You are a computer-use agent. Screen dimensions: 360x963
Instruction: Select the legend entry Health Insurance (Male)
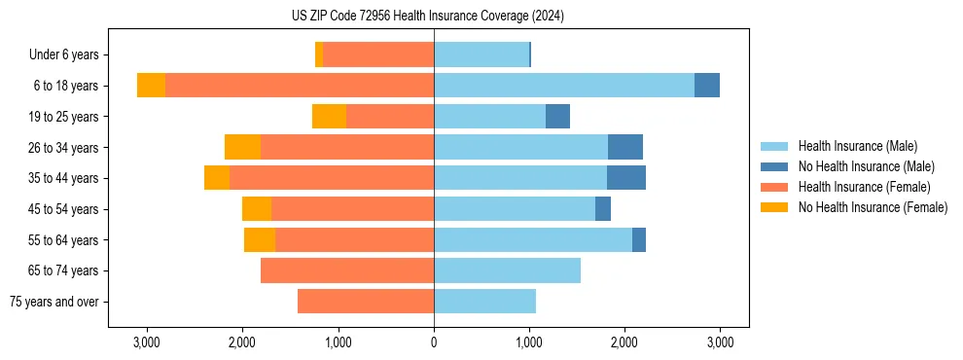(857, 146)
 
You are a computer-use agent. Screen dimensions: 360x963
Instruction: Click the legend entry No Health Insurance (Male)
(866, 166)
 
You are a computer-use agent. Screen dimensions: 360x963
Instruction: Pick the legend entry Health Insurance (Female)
(864, 187)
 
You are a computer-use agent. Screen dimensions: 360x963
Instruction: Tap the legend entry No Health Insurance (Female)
(873, 207)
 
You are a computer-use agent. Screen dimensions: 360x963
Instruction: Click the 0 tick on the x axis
(434, 343)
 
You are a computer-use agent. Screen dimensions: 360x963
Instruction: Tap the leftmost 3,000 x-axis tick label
(147, 343)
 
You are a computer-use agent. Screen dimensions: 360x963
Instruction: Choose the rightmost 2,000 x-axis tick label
(624, 343)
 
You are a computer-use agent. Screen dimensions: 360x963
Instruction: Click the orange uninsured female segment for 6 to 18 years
(151, 86)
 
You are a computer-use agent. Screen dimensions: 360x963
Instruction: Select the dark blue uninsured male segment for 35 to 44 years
(626, 178)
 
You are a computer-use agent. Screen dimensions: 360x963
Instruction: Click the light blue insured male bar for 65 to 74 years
(507, 270)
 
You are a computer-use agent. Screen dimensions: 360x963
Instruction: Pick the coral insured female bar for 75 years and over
(366, 302)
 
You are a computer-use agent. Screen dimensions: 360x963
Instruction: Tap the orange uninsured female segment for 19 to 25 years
(329, 117)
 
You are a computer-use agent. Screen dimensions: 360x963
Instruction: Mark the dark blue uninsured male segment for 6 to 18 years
(707, 86)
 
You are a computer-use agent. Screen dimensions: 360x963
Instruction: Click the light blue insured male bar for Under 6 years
(481, 55)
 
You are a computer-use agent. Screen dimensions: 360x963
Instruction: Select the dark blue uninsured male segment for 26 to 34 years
(625, 147)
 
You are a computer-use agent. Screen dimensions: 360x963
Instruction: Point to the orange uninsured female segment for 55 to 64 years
(260, 240)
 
